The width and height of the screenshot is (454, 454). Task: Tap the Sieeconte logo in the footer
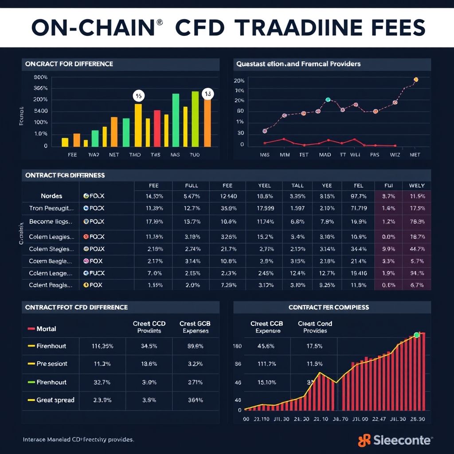coord(395,440)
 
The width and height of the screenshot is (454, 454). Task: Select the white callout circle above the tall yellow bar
coord(138,95)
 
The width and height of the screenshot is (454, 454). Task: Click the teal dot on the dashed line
coord(328,100)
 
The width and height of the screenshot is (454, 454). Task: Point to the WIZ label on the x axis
coord(395,155)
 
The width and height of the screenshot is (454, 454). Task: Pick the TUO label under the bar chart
coord(194,155)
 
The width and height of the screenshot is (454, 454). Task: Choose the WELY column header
coord(416,185)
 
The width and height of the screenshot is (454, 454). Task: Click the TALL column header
coord(297,185)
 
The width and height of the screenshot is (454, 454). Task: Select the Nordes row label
coord(51,196)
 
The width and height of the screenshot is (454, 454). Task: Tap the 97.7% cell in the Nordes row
coord(358,196)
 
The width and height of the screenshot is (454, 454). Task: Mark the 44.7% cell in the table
coord(416,249)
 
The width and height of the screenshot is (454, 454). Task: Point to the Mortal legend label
coord(46,329)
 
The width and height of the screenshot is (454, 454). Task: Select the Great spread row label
coord(55,400)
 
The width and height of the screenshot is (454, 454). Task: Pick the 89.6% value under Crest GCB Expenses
coord(195,346)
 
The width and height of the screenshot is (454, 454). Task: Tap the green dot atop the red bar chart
coord(416,335)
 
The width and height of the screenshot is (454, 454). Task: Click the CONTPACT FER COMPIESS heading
coord(329,307)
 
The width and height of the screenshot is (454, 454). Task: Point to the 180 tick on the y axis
coord(237,346)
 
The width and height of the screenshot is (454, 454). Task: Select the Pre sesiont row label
coord(52,364)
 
